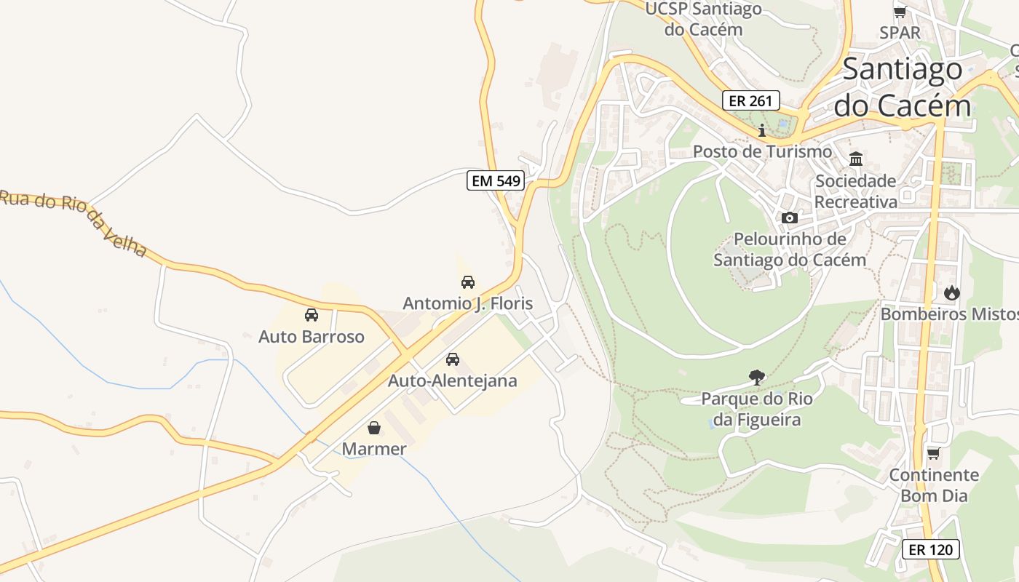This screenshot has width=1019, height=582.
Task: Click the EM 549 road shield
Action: coord(496,181)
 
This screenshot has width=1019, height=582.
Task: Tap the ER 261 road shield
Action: coord(751,100)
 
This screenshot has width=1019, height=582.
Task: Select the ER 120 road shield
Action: coord(931,549)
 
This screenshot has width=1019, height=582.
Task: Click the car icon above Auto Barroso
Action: coord(312,315)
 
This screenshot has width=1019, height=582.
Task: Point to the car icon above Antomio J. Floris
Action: coord(468,282)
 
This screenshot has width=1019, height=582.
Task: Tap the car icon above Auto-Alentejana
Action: coord(453,359)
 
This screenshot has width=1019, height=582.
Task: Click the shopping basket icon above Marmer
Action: coord(374,427)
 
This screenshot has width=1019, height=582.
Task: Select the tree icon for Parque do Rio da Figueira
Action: coord(757,377)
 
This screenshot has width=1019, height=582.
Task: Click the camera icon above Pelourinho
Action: coord(790,218)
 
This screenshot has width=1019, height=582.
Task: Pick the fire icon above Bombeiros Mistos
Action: coord(952,292)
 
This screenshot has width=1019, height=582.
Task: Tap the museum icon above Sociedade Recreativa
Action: coord(856,159)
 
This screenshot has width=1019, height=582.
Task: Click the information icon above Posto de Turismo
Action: coord(762,130)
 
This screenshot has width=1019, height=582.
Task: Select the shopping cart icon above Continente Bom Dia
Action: coord(933,453)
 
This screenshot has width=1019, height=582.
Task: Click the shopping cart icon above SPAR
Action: coord(900,12)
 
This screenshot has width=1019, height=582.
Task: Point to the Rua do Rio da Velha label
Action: coord(73,221)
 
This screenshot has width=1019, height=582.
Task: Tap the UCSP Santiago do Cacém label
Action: coord(703,20)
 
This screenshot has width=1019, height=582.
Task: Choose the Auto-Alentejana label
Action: coord(452,380)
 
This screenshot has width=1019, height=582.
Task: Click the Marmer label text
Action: coord(374,449)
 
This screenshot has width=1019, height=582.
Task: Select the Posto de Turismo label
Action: coord(762,151)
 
